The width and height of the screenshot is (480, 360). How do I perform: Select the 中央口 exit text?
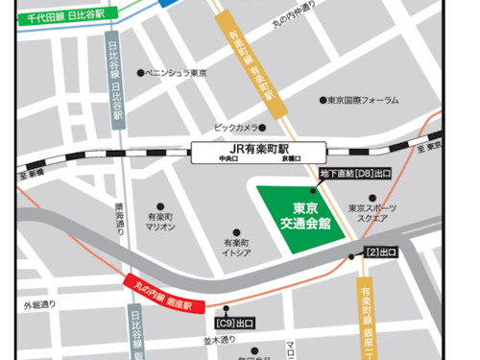pos(228,159)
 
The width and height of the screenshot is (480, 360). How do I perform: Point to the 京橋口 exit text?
pos(291,159)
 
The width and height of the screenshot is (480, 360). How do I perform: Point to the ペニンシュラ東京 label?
pos(178,73)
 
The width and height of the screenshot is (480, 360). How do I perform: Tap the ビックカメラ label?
pos(236,127)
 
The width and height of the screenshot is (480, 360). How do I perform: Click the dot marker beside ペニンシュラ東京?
pos(141,73)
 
